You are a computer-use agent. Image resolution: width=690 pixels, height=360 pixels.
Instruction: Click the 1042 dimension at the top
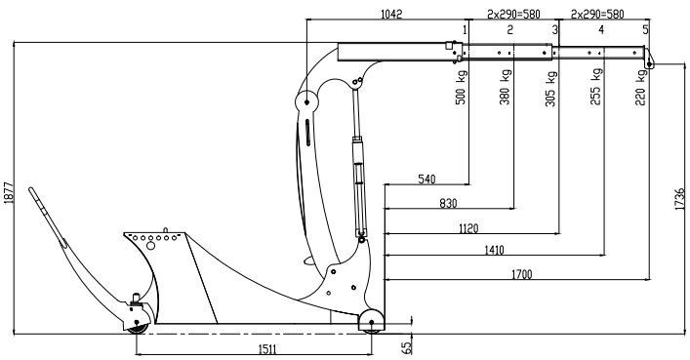[x=391, y=14]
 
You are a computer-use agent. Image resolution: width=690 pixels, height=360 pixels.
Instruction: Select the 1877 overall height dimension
[x=9, y=193]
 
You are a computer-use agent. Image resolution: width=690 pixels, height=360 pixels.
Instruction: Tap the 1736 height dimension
[x=680, y=199]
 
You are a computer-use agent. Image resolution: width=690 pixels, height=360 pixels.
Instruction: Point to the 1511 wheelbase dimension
[x=267, y=349]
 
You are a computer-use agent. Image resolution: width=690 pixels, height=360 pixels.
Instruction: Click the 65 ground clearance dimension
[x=408, y=347]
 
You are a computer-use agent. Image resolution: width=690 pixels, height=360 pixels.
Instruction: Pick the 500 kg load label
[x=461, y=87]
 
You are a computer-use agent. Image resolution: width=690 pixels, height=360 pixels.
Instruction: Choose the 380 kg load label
[x=506, y=87]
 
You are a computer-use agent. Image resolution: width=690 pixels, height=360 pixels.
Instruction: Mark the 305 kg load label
[x=551, y=89]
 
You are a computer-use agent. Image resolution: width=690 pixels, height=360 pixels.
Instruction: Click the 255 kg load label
[x=596, y=86]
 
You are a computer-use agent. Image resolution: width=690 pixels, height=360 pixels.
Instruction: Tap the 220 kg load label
[x=641, y=88]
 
